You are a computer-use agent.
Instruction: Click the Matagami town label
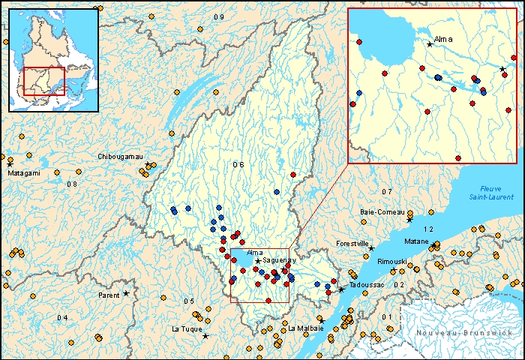point(23,172)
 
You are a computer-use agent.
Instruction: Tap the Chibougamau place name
point(120,156)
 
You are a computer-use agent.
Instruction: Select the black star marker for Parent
point(126,293)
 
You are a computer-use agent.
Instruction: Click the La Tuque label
point(185,328)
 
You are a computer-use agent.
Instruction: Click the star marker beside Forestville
point(371,248)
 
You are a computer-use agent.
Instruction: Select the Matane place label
point(417,241)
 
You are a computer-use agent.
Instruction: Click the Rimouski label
point(391,261)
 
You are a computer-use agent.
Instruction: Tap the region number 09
point(218,17)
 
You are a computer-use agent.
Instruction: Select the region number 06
point(238,164)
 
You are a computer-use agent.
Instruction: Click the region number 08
point(72,184)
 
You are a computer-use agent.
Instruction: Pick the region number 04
point(61,318)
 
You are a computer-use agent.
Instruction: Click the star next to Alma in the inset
point(430,44)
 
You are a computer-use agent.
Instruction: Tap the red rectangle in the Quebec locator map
point(44,80)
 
